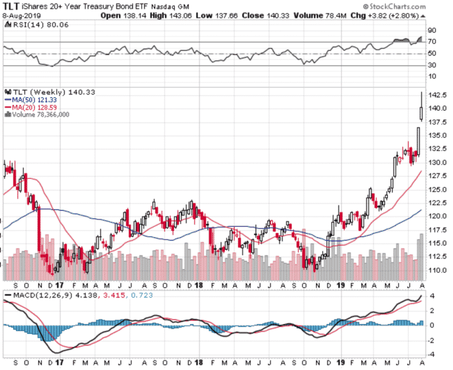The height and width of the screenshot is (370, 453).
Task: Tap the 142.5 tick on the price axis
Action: tap(437, 95)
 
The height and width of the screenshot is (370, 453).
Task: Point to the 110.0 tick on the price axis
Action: tap(437, 270)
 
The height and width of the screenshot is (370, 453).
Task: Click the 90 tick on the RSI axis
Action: tap(432, 30)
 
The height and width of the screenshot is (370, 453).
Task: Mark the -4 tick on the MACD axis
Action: tap(432, 354)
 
